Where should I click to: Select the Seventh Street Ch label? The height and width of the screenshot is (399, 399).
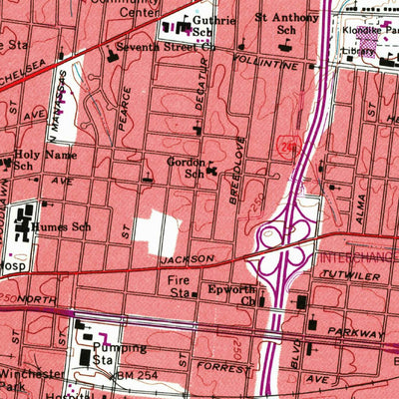[x=166, y=46]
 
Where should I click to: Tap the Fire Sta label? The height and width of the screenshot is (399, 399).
[x=180, y=288]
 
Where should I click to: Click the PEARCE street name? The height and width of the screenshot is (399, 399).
[x=125, y=105]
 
